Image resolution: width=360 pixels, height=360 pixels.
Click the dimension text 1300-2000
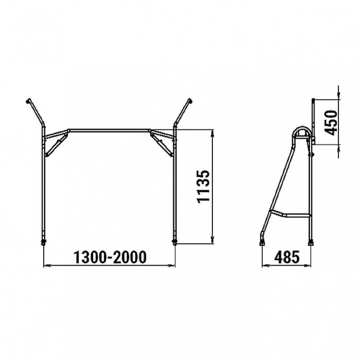tap(110, 257)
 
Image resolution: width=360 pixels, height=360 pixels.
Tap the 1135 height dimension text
tap(204, 186)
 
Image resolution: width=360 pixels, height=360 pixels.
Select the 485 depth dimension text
tap(287, 257)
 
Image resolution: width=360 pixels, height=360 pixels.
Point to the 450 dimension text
tap(331, 123)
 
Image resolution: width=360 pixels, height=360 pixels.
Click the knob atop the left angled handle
tap(28, 101)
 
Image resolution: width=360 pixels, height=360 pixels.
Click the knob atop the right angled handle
tap(190, 100)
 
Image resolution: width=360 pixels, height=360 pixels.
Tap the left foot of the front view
tap(43, 243)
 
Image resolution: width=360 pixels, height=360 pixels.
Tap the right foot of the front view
tap(174, 243)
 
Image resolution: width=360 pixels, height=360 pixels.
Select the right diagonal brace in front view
tap(162, 143)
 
